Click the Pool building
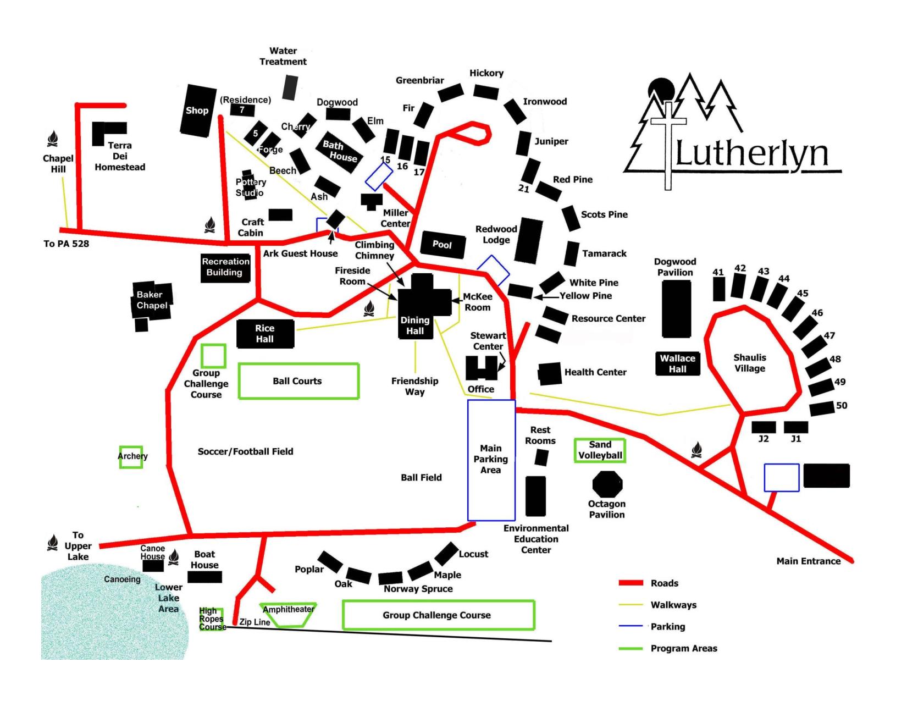[x=442, y=244]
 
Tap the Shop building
[x=197, y=111]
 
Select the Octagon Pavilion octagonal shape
[x=607, y=484]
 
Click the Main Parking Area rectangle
[x=491, y=460]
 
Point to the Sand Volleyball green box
[x=600, y=450]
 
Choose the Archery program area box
[x=131, y=457]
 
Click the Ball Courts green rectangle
[x=298, y=380]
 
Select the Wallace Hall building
[x=678, y=364]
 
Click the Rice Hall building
[x=265, y=334]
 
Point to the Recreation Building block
[x=225, y=267]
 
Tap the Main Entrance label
[x=808, y=561]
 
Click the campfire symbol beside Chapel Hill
[x=53, y=139]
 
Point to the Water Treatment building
[x=291, y=87]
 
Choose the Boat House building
[x=205, y=577]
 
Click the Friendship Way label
[x=415, y=386]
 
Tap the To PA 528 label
[x=66, y=244]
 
